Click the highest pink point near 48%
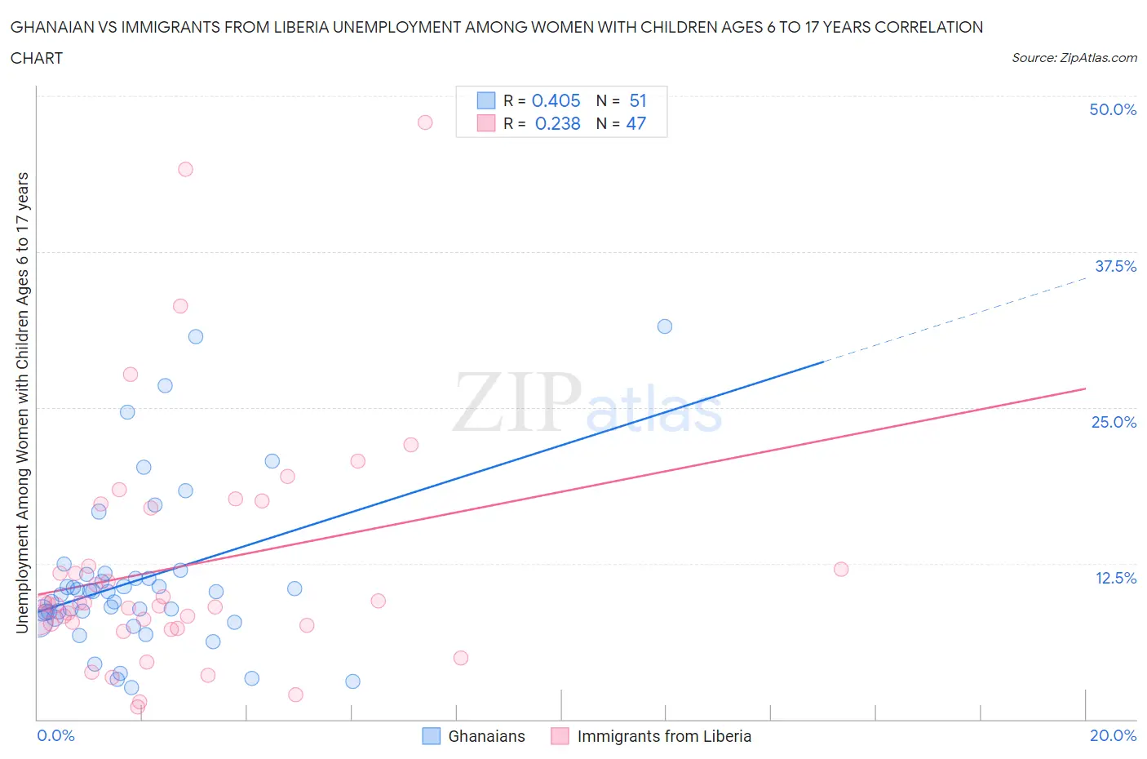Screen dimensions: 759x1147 pyautogui.click(x=425, y=122)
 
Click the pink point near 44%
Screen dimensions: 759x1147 pyautogui.click(x=185, y=170)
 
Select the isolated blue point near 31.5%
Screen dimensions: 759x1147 pyautogui.click(x=665, y=326)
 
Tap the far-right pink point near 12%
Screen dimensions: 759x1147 pyautogui.click(x=841, y=570)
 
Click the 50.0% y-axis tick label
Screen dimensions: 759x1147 pyautogui.click(x=1112, y=109)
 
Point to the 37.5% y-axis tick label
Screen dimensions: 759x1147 pyautogui.click(x=1114, y=266)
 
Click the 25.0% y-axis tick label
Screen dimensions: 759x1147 pyautogui.click(x=1114, y=422)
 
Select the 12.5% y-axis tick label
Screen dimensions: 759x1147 pyautogui.click(x=1114, y=578)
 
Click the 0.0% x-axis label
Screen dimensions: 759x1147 pyautogui.click(x=55, y=735)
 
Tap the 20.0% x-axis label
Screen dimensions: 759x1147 pyautogui.click(x=1113, y=735)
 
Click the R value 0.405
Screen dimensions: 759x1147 pyautogui.click(x=556, y=100)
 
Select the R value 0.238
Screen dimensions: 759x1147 pyautogui.click(x=557, y=123)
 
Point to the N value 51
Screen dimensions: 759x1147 pyautogui.click(x=638, y=100)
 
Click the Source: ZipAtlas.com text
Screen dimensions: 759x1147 pyautogui.click(x=1074, y=58)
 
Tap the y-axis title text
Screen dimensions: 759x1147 pyautogui.click(x=22, y=402)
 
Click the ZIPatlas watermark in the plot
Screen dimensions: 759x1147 pyautogui.click(x=587, y=402)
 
